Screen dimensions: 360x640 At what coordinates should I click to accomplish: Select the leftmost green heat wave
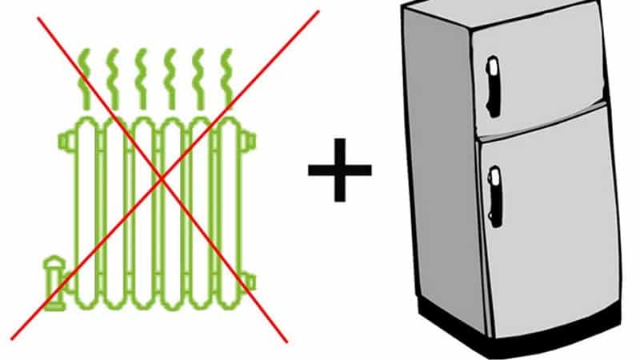(x=85, y=76)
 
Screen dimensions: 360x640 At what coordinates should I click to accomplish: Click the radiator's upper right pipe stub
(x=249, y=142)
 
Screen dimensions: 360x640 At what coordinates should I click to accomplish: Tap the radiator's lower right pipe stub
(x=249, y=281)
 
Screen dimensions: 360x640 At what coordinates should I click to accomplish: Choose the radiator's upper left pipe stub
(x=64, y=142)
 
